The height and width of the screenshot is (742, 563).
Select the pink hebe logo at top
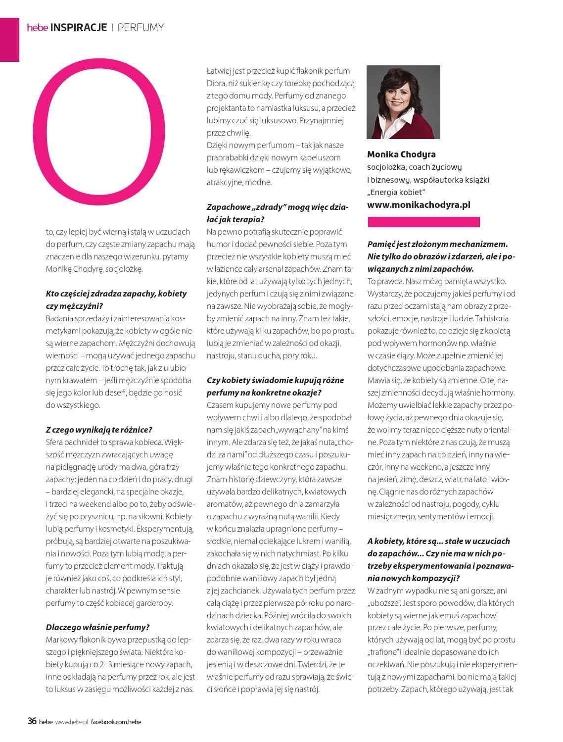[x=37, y=28]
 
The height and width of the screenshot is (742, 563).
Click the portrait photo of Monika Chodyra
[x=403, y=102]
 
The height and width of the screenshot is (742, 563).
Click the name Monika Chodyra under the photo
[x=401, y=154]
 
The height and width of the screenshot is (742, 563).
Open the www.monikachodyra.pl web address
[x=419, y=204]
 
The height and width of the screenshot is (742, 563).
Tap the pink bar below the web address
[x=423, y=222]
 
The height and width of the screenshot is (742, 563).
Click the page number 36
[x=32, y=721]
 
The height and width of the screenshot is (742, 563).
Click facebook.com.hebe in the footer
[x=116, y=722]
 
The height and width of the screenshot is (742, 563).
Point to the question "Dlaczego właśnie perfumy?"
[x=97, y=627]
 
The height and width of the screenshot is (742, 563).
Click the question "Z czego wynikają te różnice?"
[x=99, y=429]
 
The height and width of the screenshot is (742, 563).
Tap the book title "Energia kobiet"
[x=397, y=192]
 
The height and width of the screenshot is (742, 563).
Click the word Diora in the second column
[x=216, y=83]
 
